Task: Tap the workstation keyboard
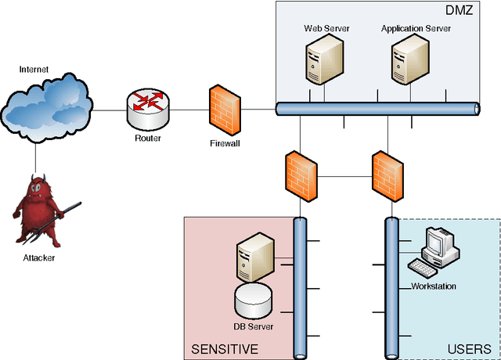pos(427,268)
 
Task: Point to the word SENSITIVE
pos(225,348)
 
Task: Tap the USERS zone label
pos(469,348)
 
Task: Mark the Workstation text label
pos(434,286)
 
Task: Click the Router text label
pos(147,139)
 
